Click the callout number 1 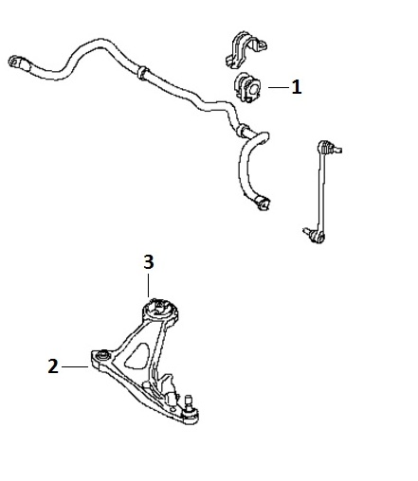coord(297,87)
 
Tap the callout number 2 coord(53,366)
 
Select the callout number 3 coord(149,262)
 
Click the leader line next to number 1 coord(279,87)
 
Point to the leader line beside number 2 coord(75,366)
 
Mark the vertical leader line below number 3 coord(148,285)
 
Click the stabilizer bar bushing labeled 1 coord(247,87)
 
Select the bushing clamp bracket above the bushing coord(245,49)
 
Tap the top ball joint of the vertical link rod coord(325,147)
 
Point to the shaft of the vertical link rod coord(321,192)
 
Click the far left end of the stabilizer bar coord(15,62)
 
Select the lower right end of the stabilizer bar coord(263,204)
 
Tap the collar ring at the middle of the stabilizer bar coord(143,73)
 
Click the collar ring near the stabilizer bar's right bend coord(243,130)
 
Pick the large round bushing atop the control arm coord(160,311)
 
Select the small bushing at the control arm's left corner coord(102,355)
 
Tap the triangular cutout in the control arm coord(137,356)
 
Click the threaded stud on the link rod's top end coord(336,151)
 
